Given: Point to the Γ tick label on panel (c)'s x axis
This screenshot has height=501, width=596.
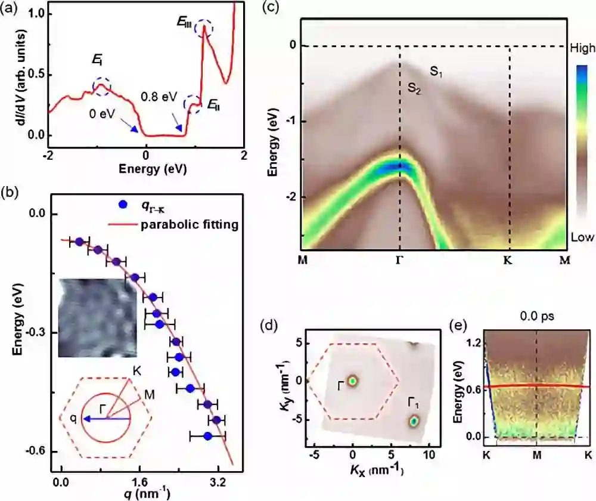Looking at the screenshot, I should point(399,260).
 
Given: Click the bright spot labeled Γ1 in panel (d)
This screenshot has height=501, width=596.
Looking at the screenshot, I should point(414,421).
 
